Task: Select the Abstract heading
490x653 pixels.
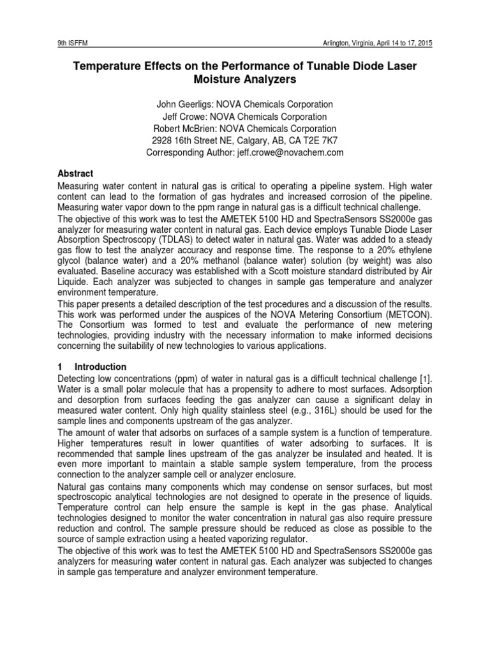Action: pos(75,173)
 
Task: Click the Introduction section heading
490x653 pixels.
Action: pos(100,367)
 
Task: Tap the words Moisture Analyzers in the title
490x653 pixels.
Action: pos(244,80)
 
